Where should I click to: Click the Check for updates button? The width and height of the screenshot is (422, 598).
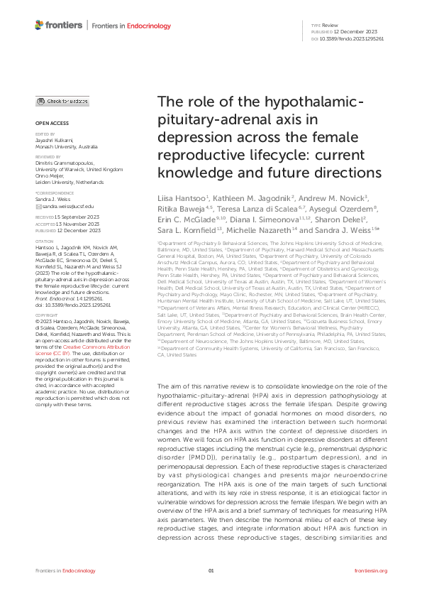[62, 102]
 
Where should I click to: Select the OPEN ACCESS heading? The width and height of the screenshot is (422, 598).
[48, 123]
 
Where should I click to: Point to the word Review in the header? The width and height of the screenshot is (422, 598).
[331, 25]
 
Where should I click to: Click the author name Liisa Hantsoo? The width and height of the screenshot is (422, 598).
[181, 197]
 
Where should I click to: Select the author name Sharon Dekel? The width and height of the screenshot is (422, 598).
[342, 222]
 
